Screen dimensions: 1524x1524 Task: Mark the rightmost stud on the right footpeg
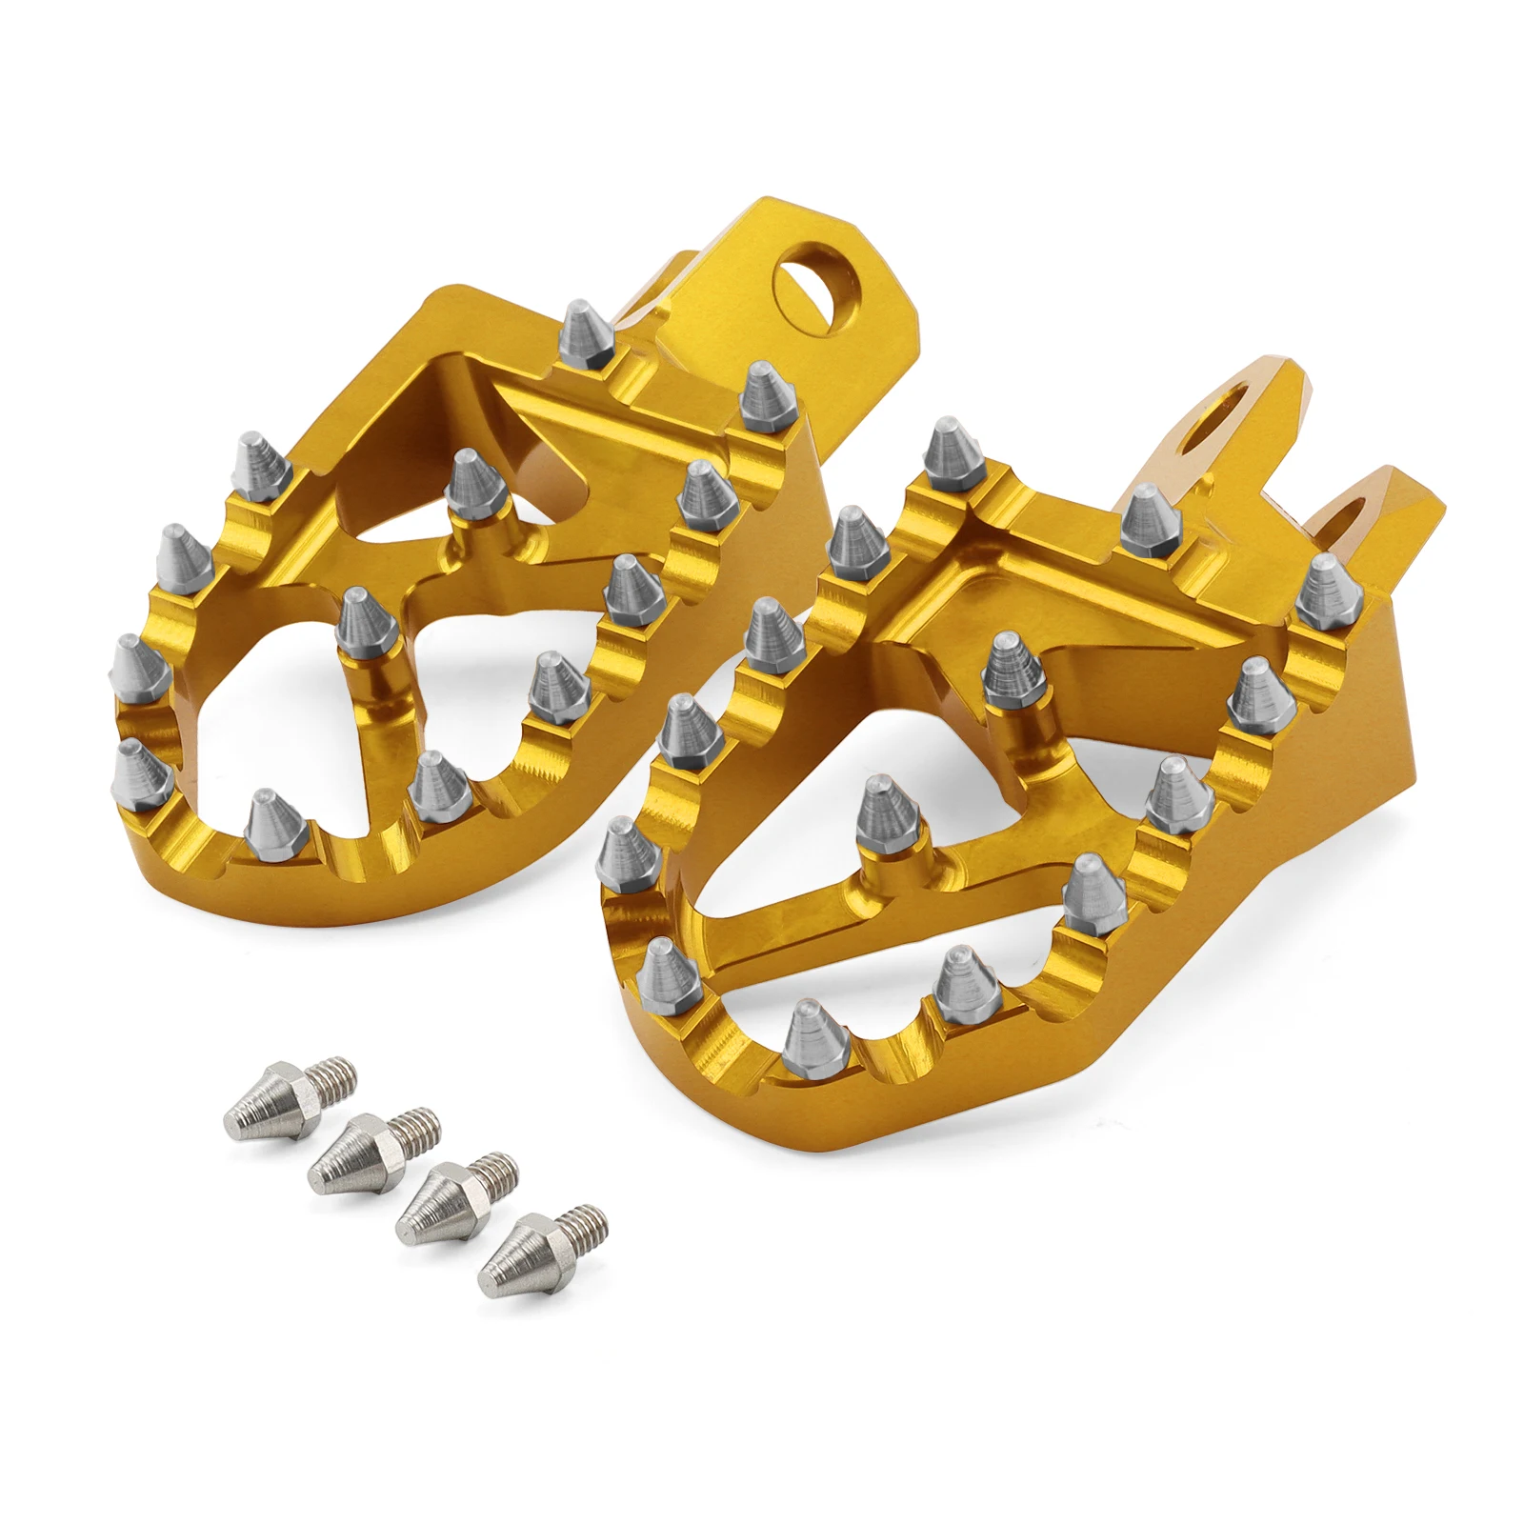[1329, 590]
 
